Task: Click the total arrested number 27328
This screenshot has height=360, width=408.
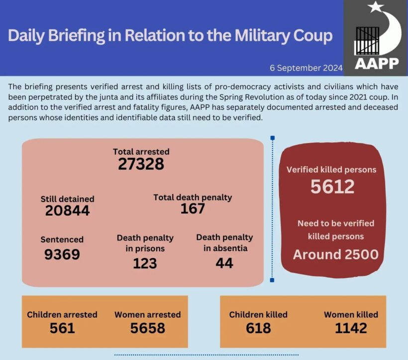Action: click(141, 164)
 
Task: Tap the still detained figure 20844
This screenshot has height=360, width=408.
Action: click(67, 211)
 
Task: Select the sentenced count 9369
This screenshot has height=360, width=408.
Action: click(62, 254)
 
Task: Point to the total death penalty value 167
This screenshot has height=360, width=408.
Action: click(193, 209)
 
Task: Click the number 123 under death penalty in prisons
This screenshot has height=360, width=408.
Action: click(145, 263)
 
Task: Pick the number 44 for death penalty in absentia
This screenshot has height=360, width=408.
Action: click(224, 263)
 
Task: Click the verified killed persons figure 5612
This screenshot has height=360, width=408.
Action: click(332, 187)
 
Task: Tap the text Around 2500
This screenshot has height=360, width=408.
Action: click(335, 254)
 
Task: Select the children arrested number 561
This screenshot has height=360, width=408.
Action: click(62, 328)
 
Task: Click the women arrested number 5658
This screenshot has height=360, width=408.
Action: click(147, 328)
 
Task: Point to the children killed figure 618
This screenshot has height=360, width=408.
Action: click(258, 328)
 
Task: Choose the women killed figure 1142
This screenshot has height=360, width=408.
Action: click(351, 328)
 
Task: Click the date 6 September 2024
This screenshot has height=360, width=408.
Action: click(306, 68)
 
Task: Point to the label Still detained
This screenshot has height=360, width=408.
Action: click(67, 199)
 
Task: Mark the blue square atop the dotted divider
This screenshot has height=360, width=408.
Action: click(272, 138)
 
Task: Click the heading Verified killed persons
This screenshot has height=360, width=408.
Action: click(331, 169)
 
